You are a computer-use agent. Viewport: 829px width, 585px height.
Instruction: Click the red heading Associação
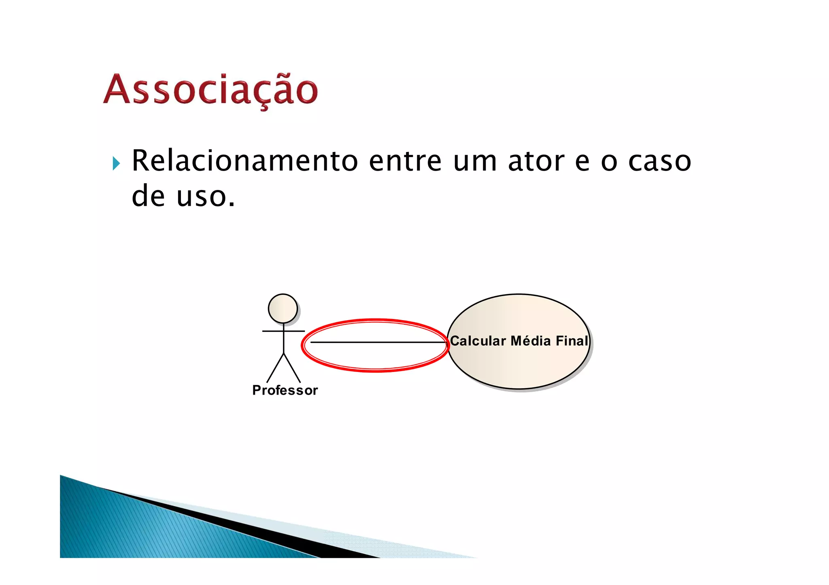pos(210,90)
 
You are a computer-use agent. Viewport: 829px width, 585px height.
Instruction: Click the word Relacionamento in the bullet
pos(245,161)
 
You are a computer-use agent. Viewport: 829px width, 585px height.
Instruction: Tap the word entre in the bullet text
pos(405,161)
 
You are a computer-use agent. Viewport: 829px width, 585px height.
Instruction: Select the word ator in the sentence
pos(536,161)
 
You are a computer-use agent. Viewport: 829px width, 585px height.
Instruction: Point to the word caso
pos(659,161)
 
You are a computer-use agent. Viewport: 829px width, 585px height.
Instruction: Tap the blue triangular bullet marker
pos(116,163)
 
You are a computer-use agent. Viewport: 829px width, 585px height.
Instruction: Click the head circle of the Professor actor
pos(283,308)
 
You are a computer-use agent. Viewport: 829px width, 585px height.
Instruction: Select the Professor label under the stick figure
pos(285,390)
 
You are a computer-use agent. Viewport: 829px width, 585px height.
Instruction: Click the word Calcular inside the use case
pos(478,341)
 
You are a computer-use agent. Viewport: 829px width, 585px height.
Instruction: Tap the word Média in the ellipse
pos(531,341)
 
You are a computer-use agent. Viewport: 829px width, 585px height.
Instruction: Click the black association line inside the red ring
pos(376,342)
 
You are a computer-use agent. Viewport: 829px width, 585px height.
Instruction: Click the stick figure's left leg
pos(275,368)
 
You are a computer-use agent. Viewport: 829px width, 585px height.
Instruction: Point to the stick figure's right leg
pos(292,368)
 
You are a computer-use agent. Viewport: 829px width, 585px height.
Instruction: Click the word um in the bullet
pos(475,161)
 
